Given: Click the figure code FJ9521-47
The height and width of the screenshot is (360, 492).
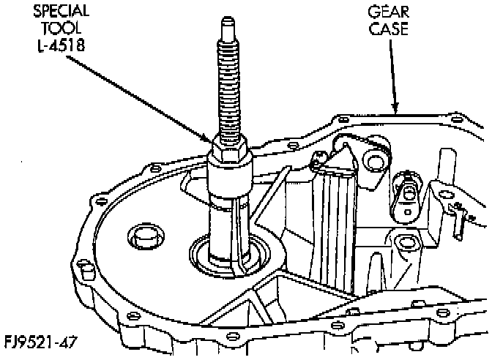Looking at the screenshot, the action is coord(40,341).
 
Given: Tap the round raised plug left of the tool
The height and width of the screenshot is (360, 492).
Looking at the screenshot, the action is coord(141,238).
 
